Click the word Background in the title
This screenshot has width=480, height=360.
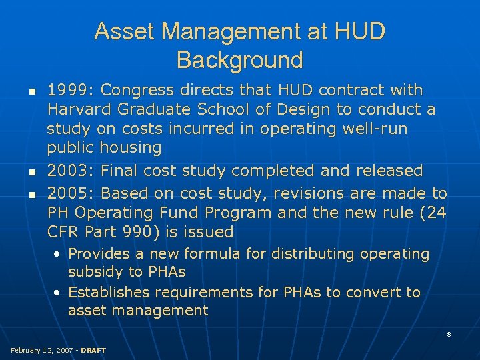pyautogui.click(x=239, y=60)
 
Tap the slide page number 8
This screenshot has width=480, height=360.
pyautogui.click(x=449, y=334)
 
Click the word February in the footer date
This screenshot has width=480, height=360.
pyautogui.click(x=24, y=350)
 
